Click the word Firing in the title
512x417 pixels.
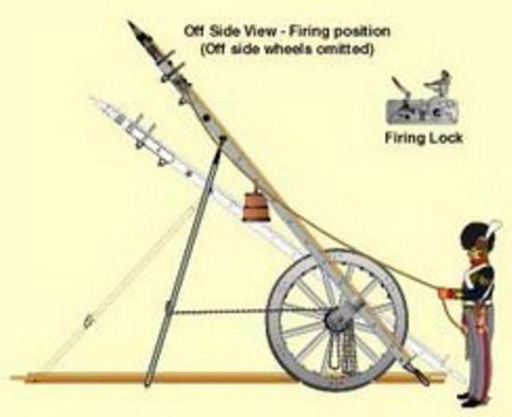pyautogui.click(x=310, y=32)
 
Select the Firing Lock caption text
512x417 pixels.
pyautogui.click(x=424, y=138)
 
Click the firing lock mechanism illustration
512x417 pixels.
pyautogui.click(x=423, y=97)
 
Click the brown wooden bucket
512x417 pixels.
pyautogui.click(x=256, y=207)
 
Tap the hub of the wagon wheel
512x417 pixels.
pyautogui.click(x=337, y=317)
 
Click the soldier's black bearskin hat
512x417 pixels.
pyautogui.click(x=478, y=237)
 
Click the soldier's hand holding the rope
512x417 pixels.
pyautogui.click(x=446, y=292)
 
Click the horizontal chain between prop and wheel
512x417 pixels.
pyautogui.click(x=249, y=312)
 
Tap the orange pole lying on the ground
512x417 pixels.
pyautogui.click(x=229, y=378)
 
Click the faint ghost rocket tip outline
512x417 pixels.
pyautogui.click(x=98, y=104)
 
